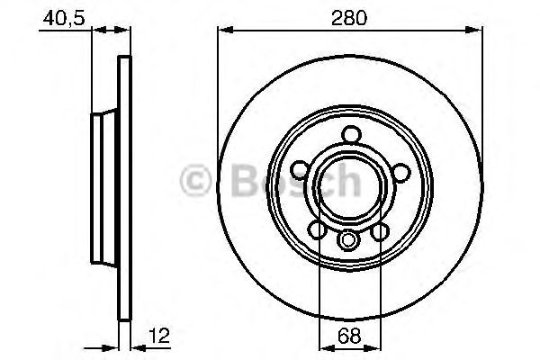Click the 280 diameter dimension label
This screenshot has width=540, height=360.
click(350, 16)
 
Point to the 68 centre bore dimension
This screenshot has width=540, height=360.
click(349, 337)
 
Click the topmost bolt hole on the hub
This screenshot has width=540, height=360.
click(350, 135)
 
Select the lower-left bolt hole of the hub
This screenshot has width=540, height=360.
click(319, 231)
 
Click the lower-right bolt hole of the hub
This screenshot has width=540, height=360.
click(381, 231)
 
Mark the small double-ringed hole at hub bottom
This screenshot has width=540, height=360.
click(350, 240)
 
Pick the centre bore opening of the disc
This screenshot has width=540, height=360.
click(350, 184)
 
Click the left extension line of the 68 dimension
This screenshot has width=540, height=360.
click(319, 288)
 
